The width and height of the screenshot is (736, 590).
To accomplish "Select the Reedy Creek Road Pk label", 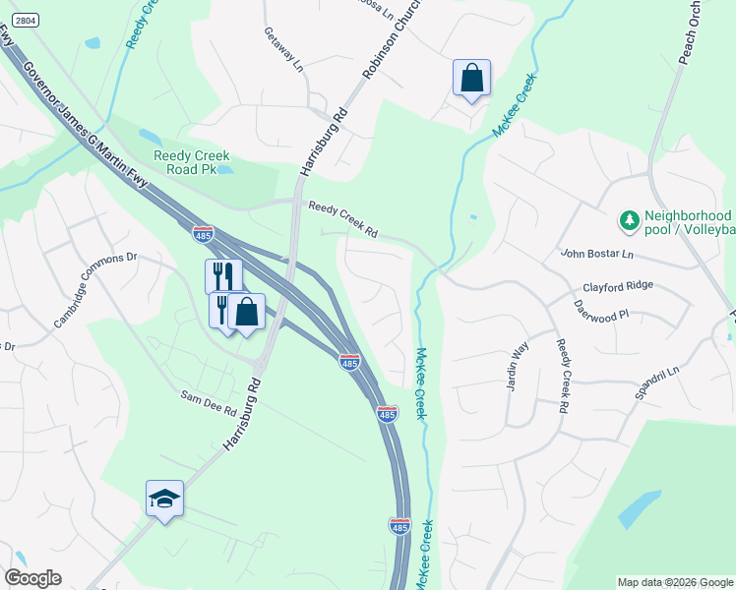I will click(192, 162).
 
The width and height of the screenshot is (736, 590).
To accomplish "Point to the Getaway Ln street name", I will click(283, 49).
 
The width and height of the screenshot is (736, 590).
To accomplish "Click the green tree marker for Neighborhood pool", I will click(628, 217).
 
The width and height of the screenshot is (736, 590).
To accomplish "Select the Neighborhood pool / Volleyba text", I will click(689, 223).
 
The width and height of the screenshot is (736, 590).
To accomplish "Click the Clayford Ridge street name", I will click(617, 287).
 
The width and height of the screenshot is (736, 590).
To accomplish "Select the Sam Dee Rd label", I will click(208, 402).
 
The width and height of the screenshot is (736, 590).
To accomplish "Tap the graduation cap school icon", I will click(165, 499).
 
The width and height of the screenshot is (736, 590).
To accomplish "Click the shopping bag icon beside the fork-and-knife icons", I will click(246, 312).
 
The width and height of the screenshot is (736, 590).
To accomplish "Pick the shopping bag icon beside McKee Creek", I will click(471, 77).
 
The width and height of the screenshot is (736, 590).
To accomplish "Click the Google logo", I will click(33, 578).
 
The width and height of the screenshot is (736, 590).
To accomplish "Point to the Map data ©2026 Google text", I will click(674, 582).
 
